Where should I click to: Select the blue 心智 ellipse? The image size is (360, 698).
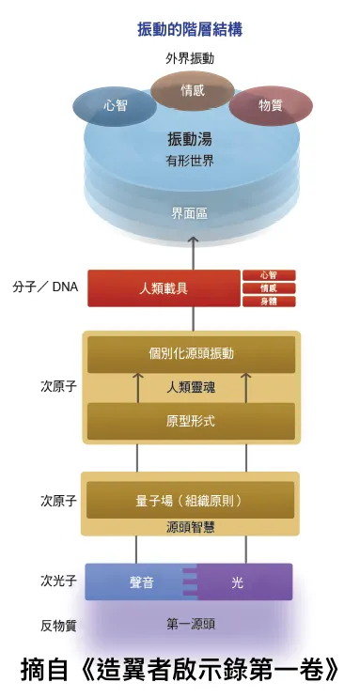pyautogui.click(x=115, y=106)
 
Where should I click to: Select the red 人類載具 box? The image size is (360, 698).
pyautogui.click(x=164, y=288)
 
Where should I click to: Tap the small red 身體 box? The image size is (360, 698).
pyautogui.click(x=269, y=302)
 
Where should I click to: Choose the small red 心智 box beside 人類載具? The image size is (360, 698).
pyautogui.click(x=269, y=275)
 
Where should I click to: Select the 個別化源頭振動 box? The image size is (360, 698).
pyautogui.click(x=191, y=354)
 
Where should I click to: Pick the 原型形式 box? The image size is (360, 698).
pyautogui.click(x=191, y=421)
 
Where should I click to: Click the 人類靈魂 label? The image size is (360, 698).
pyautogui.click(x=191, y=386)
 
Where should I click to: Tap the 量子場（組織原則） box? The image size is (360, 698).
pyautogui.click(x=191, y=499)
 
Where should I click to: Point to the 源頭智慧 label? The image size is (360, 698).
pyautogui.click(x=191, y=526)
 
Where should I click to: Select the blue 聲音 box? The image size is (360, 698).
pyautogui.click(x=141, y=582)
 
